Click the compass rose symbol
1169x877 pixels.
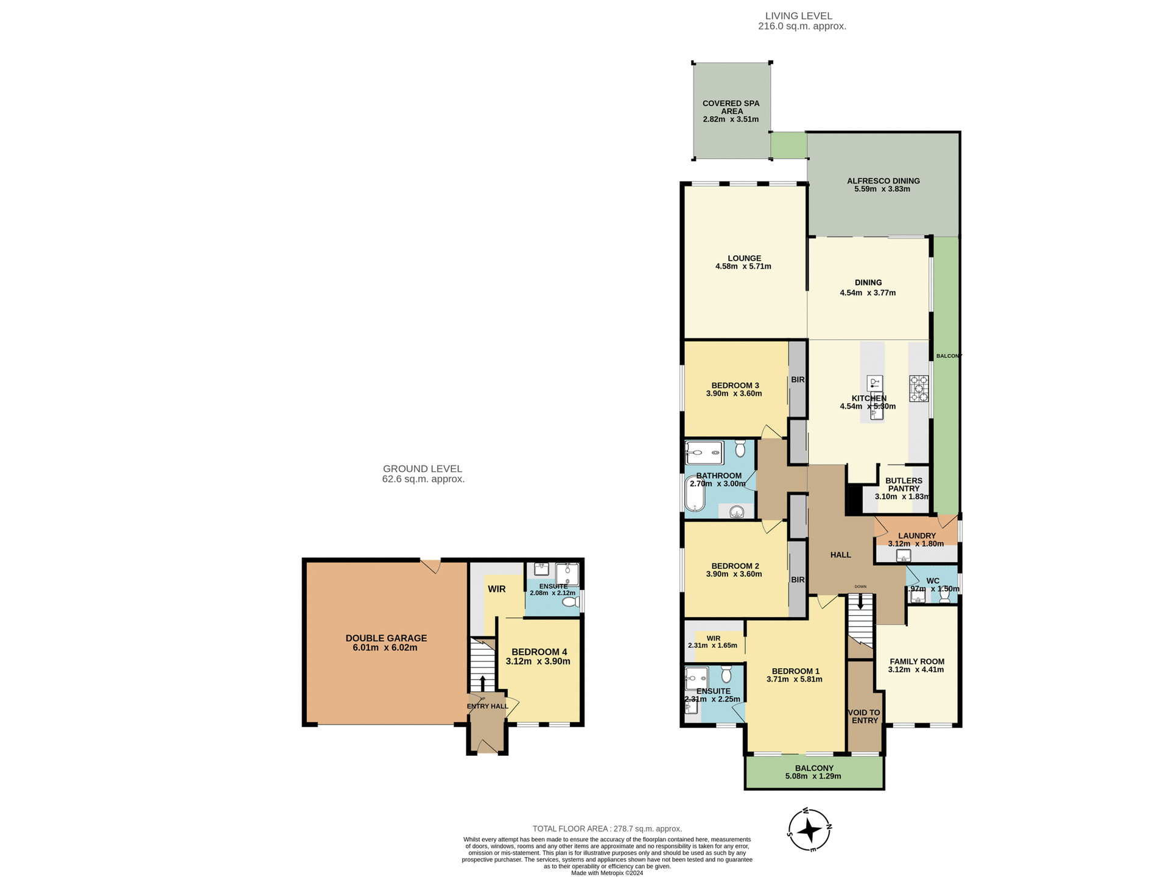(x=810, y=829)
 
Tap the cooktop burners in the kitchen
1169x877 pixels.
(x=919, y=389)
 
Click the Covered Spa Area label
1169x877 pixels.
(x=731, y=107)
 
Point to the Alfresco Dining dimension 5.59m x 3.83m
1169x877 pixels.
(x=882, y=189)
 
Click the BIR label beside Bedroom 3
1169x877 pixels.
(x=798, y=379)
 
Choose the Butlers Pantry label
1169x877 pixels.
(x=904, y=484)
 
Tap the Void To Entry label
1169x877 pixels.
(x=865, y=716)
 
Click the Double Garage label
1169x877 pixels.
(x=386, y=638)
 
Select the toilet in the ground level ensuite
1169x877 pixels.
(x=570, y=602)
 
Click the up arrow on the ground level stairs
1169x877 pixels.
(x=483, y=682)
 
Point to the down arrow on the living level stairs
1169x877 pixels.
(x=860, y=602)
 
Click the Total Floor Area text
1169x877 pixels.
(x=607, y=829)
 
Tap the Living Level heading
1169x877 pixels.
(x=798, y=16)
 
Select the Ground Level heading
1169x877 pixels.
(x=423, y=469)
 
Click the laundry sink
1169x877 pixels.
(x=904, y=555)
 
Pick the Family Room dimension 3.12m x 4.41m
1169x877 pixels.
(x=916, y=670)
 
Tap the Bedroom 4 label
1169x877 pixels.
(x=539, y=652)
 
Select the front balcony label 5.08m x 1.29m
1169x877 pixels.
(x=813, y=777)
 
